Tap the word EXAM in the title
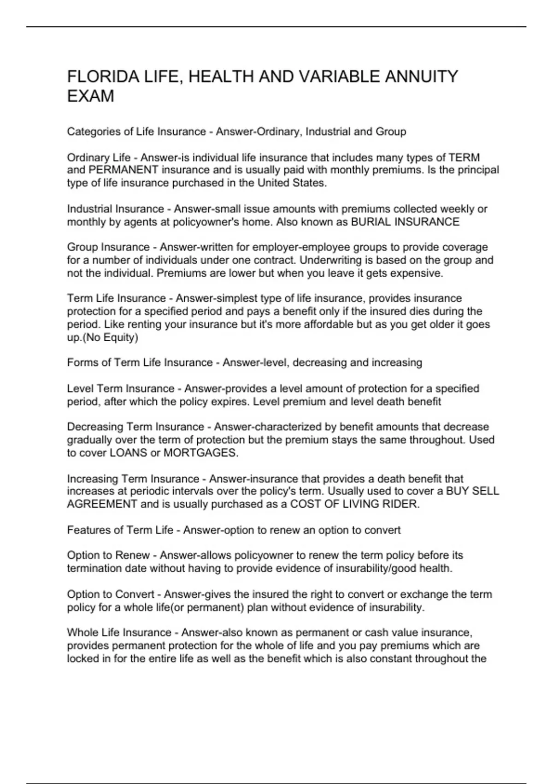click(x=90, y=96)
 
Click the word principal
click(x=478, y=170)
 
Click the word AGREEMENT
click(x=102, y=504)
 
